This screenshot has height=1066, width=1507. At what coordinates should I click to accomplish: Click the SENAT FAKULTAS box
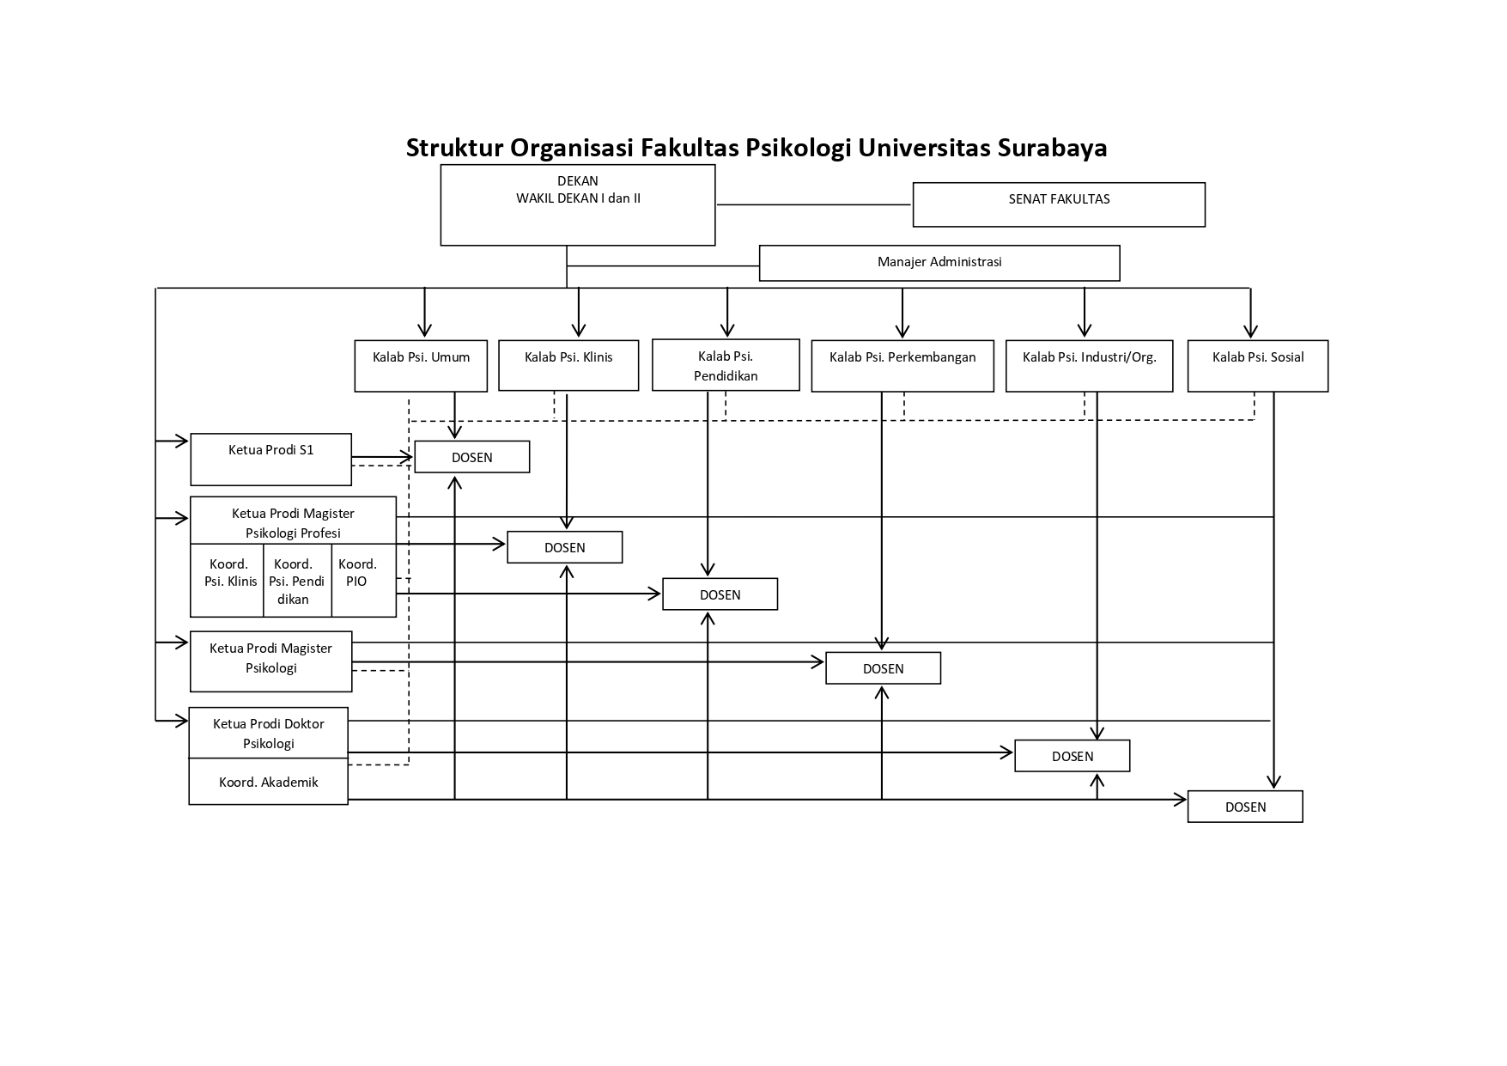point(1059,204)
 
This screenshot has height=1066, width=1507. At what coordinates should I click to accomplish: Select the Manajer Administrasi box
point(939,263)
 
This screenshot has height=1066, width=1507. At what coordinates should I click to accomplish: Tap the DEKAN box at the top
point(578,205)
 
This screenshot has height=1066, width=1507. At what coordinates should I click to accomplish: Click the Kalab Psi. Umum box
point(421,366)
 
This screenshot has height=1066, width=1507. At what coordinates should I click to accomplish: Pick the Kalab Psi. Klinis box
point(568,366)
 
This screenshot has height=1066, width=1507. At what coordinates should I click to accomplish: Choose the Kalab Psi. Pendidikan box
point(726,365)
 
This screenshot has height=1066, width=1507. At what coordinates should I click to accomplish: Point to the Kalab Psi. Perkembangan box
point(902,366)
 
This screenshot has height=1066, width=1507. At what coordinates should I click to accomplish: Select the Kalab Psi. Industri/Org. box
point(1090,366)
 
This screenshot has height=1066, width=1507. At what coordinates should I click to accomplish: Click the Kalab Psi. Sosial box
point(1258,366)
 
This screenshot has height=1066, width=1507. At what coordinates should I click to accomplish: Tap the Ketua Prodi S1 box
point(270,460)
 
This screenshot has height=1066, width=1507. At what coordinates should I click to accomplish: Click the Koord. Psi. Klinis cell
point(227,580)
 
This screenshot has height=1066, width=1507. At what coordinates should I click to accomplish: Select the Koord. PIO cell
point(364,580)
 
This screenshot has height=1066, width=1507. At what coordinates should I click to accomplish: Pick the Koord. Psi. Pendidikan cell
point(297,580)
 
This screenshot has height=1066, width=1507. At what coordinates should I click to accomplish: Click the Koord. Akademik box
point(268,782)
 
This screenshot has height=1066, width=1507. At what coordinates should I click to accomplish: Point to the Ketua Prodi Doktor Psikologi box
point(268,733)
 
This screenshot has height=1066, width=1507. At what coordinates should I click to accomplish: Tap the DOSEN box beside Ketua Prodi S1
point(472,457)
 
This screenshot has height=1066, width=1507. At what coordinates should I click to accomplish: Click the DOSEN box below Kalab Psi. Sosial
point(1245,807)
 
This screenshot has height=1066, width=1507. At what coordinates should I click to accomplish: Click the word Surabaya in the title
point(1052,148)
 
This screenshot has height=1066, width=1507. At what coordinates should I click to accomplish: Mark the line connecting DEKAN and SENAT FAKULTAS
point(813,204)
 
